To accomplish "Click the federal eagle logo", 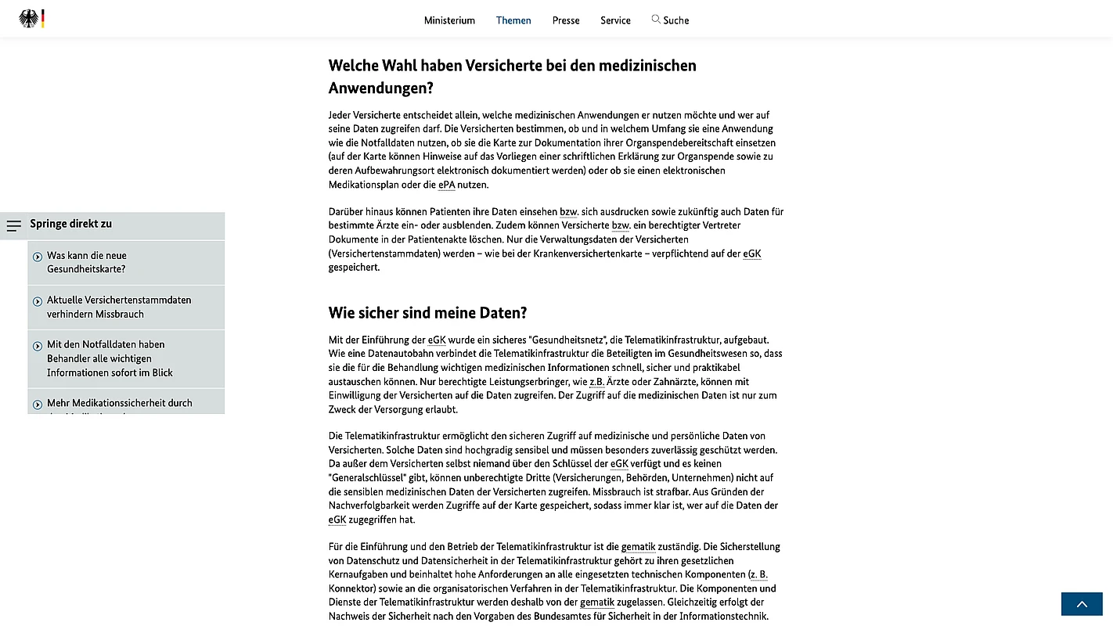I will (29, 19).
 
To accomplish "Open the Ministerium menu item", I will (449, 20).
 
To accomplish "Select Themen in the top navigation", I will (513, 20).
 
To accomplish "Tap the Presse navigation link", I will (566, 20).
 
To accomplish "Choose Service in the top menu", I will (615, 20).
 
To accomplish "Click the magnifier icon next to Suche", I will (656, 19).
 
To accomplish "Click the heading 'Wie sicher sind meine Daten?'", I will (427, 313).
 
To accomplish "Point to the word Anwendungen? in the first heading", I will (381, 88).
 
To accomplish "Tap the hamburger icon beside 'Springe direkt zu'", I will (14, 225).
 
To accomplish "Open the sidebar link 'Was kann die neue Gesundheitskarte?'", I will (86, 262).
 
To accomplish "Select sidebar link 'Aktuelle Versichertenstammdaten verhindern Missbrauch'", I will (118, 307).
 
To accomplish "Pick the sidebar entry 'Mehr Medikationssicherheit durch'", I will (119, 403).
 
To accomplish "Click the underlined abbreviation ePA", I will (446, 185).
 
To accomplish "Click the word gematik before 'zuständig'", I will (638, 547).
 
